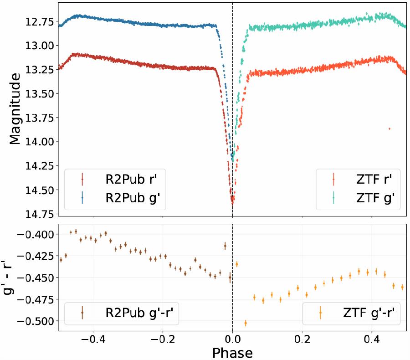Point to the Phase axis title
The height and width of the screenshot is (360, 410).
(232, 352)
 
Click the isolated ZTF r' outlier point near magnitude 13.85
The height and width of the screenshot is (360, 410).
(389, 129)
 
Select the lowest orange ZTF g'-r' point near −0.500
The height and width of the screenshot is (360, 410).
(246, 323)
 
